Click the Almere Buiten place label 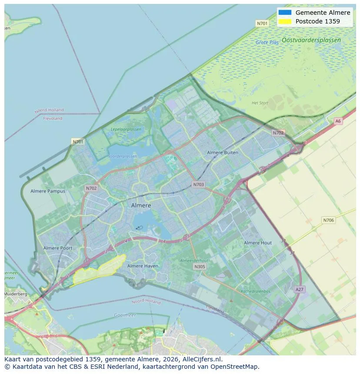pyautogui.click(x=223, y=152)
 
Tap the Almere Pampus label pyautogui.click(x=48, y=191)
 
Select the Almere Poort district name pyautogui.click(x=58, y=248)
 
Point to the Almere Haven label pyautogui.click(x=143, y=266)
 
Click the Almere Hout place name pyautogui.click(x=258, y=243)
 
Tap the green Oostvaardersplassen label pyautogui.click(x=311, y=40)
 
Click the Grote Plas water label pyautogui.click(x=267, y=43)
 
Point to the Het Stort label pyautogui.click(x=260, y=103)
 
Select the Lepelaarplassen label pyautogui.click(x=126, y=129)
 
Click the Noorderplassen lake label pyautogui.click(x=122, y=156)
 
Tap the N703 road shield pyautogui.click(x=198, y=185)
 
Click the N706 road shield pyautogui.click(x=329, y=220)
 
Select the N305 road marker pyautogui.click(x=200, y=267)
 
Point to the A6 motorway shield pyautogui.click(x=338, y=121)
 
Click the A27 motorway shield pyautogui.click(x=299, y=289)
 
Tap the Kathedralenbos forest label pyautogui.click(x=256, y=291)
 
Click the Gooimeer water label pyautogui.click(x=125, y=315)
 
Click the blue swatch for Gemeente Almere pyautogui.click(x=285, y=13)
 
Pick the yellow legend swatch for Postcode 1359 pyautogui.click(x=285, y=21)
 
